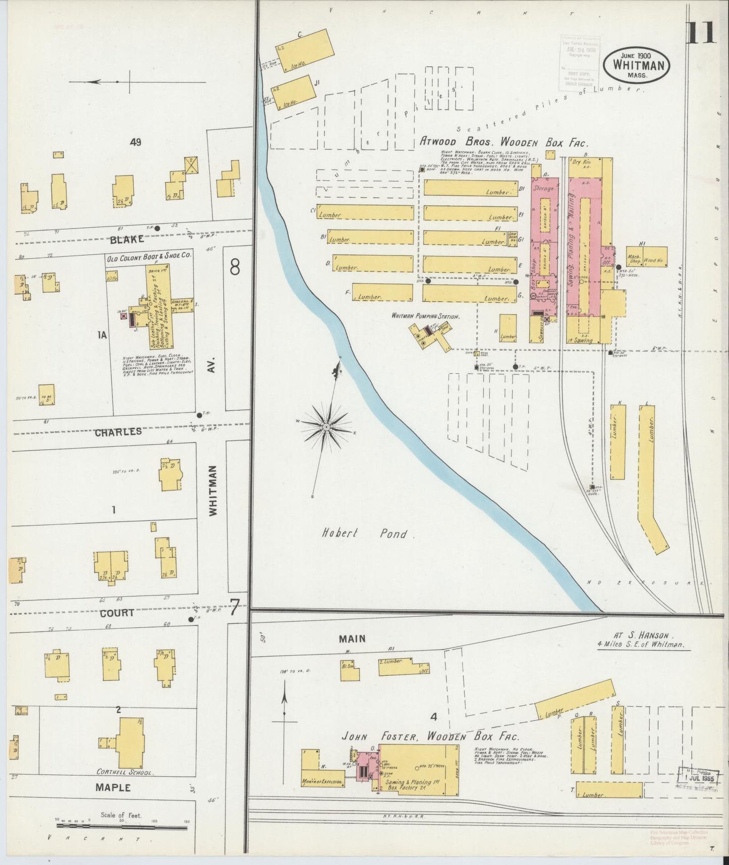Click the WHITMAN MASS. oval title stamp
(638, 65)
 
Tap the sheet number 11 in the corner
(702, 32)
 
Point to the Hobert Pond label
(368, 533)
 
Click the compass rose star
(326, 427)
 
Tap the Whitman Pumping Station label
(426, 316)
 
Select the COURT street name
(117, 613)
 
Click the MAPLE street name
(113, 787)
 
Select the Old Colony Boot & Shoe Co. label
(149, 256)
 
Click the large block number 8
(235, 267)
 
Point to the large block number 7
(234, 610)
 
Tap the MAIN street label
(352, 639)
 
